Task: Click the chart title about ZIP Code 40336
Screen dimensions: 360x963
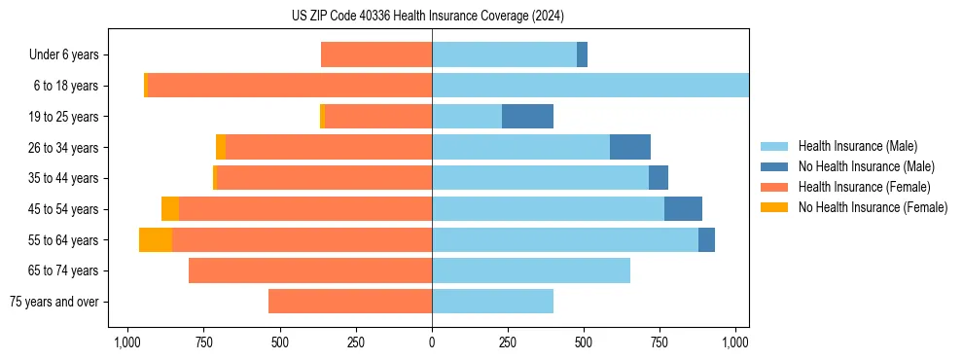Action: tap(427, 16)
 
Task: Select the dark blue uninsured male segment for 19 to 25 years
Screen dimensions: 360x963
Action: tap(527, 117)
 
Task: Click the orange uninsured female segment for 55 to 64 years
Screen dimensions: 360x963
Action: tap(156, 240)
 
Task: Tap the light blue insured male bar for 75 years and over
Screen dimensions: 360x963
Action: tap(492, 302)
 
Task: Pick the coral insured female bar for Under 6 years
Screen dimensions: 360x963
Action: tap(376, 54)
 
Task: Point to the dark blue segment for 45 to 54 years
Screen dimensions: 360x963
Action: tap(683, 209)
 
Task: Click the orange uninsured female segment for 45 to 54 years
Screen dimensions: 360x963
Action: tap(170, 209)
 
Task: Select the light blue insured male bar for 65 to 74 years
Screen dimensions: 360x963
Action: tap(531, 270)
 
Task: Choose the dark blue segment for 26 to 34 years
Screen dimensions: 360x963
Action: tap(630, 148)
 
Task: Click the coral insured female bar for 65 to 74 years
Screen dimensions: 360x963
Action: tap(310, 270)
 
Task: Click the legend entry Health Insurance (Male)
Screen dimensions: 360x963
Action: tap(857, 146)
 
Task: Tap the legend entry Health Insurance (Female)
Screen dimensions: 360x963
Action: tap(864, 187)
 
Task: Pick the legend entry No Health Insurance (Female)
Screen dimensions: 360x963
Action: tap(873, 207)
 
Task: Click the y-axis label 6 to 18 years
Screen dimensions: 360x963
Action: tap(65, 86)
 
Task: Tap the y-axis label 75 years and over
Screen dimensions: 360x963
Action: tap(53, 302)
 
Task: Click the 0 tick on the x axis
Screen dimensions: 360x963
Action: tap(432, 342)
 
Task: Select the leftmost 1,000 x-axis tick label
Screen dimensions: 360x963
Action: tap(126, 342)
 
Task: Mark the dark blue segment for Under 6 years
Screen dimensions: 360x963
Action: tap(582, 54)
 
